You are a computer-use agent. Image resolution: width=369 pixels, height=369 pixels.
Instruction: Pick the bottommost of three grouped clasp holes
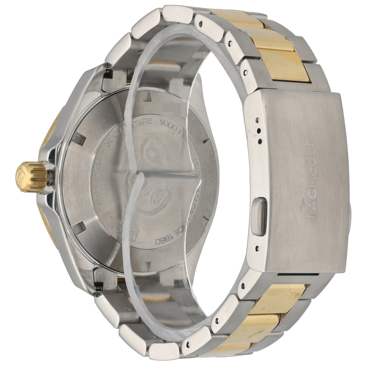coord(260,140)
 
